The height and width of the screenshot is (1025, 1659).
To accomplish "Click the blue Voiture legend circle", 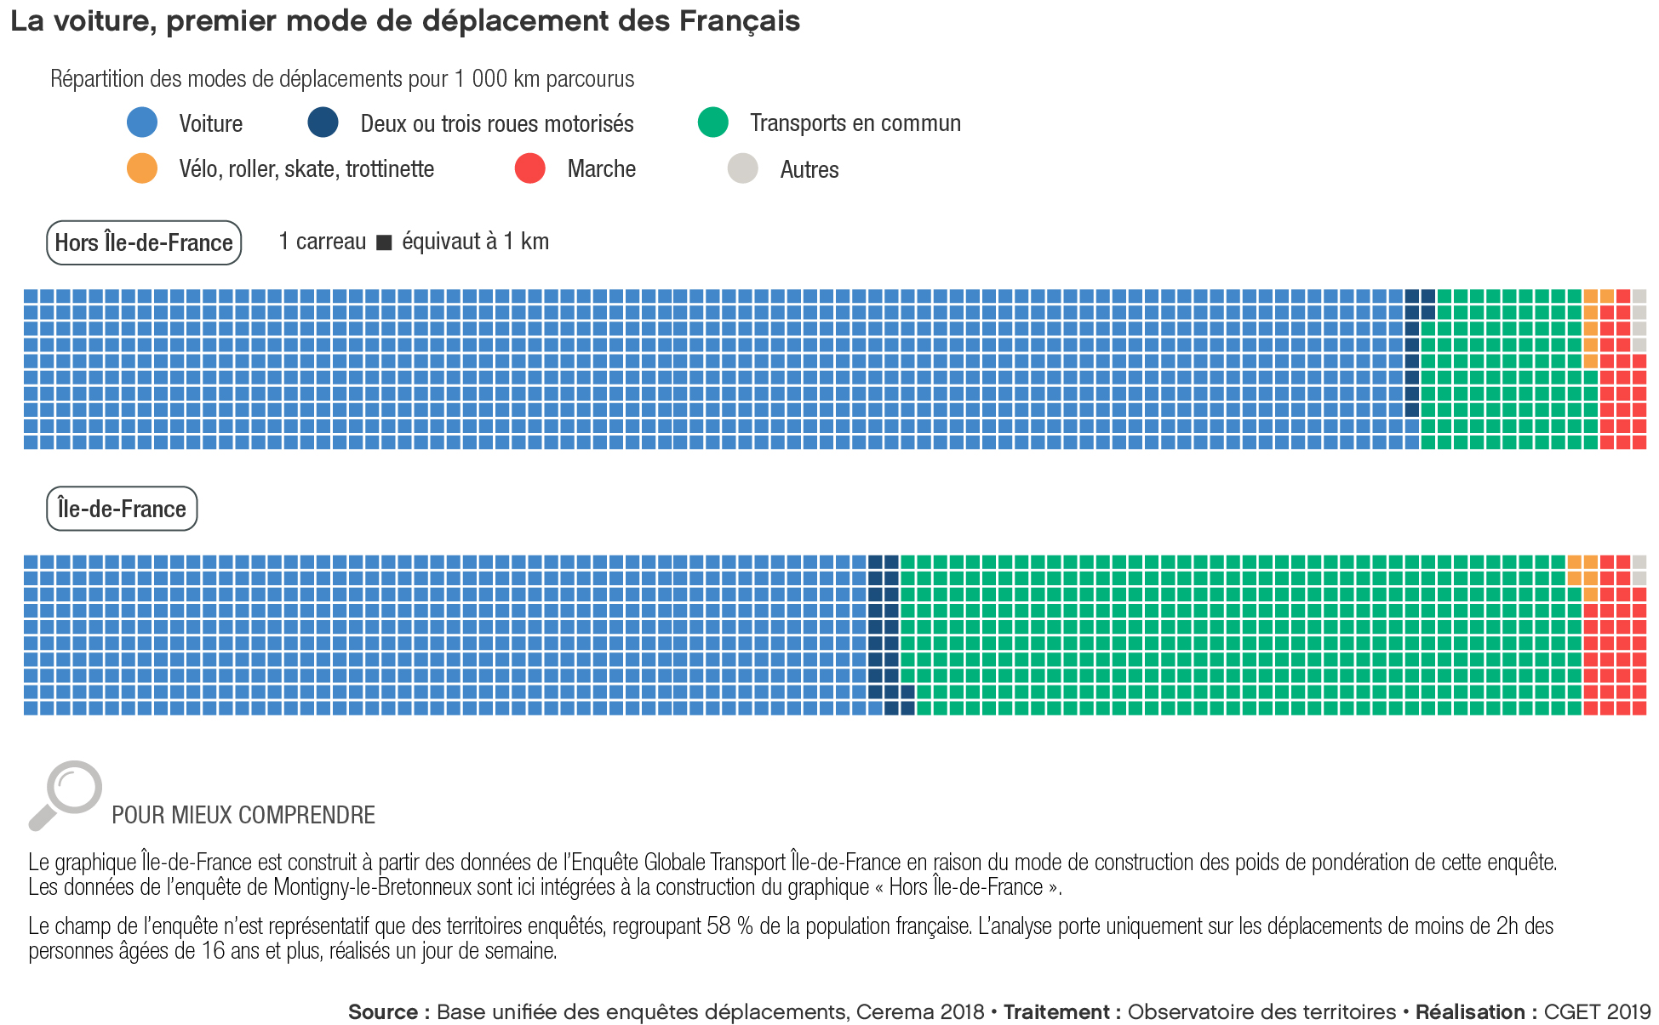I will pyautogui.click(x=142, y=122).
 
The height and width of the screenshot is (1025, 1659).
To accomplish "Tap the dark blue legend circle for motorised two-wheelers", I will pyautogui.click(x=323, y=122).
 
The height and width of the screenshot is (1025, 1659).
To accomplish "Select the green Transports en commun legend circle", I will pyautogui.click(x=712, y=122).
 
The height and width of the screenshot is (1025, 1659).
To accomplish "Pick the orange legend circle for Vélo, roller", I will pyautogui.click(x=142, y=168).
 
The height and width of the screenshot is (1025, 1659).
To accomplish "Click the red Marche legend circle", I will pyautogui.click(x=529, y=168).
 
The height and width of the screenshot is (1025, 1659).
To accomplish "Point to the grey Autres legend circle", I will pyautogui.click(x=742, y=168).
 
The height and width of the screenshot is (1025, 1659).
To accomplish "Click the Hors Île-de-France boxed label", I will pyautogui.click(x=144, y=243).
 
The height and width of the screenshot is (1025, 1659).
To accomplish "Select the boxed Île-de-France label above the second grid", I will pyautogui.click(x=122, y=509).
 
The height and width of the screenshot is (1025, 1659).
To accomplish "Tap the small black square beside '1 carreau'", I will pyautogui.click(x=384, y=243).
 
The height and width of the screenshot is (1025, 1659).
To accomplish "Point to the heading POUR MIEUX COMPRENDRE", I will pyautogui.click(x=243, y=815).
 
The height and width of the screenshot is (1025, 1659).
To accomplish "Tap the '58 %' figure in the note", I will pyautogui.click(x=729, y=925).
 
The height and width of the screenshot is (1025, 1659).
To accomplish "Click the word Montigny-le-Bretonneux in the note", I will pyautogui.click(x=372, y=887).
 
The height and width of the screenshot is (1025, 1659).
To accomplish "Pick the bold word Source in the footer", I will pyautogui.click(x=382, y=1012).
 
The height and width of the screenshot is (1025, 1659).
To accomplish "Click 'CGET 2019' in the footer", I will pyautogui.click(x=1597, y=1012).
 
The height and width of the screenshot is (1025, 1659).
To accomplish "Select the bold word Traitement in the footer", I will pyautogui.click(x=1055, y=1012).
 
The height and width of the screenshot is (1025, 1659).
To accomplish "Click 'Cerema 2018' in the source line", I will pyautogui.click(x=919, y=1012).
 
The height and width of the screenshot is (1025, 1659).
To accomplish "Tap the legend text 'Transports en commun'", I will pyautogui.click(x=855, y=123).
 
